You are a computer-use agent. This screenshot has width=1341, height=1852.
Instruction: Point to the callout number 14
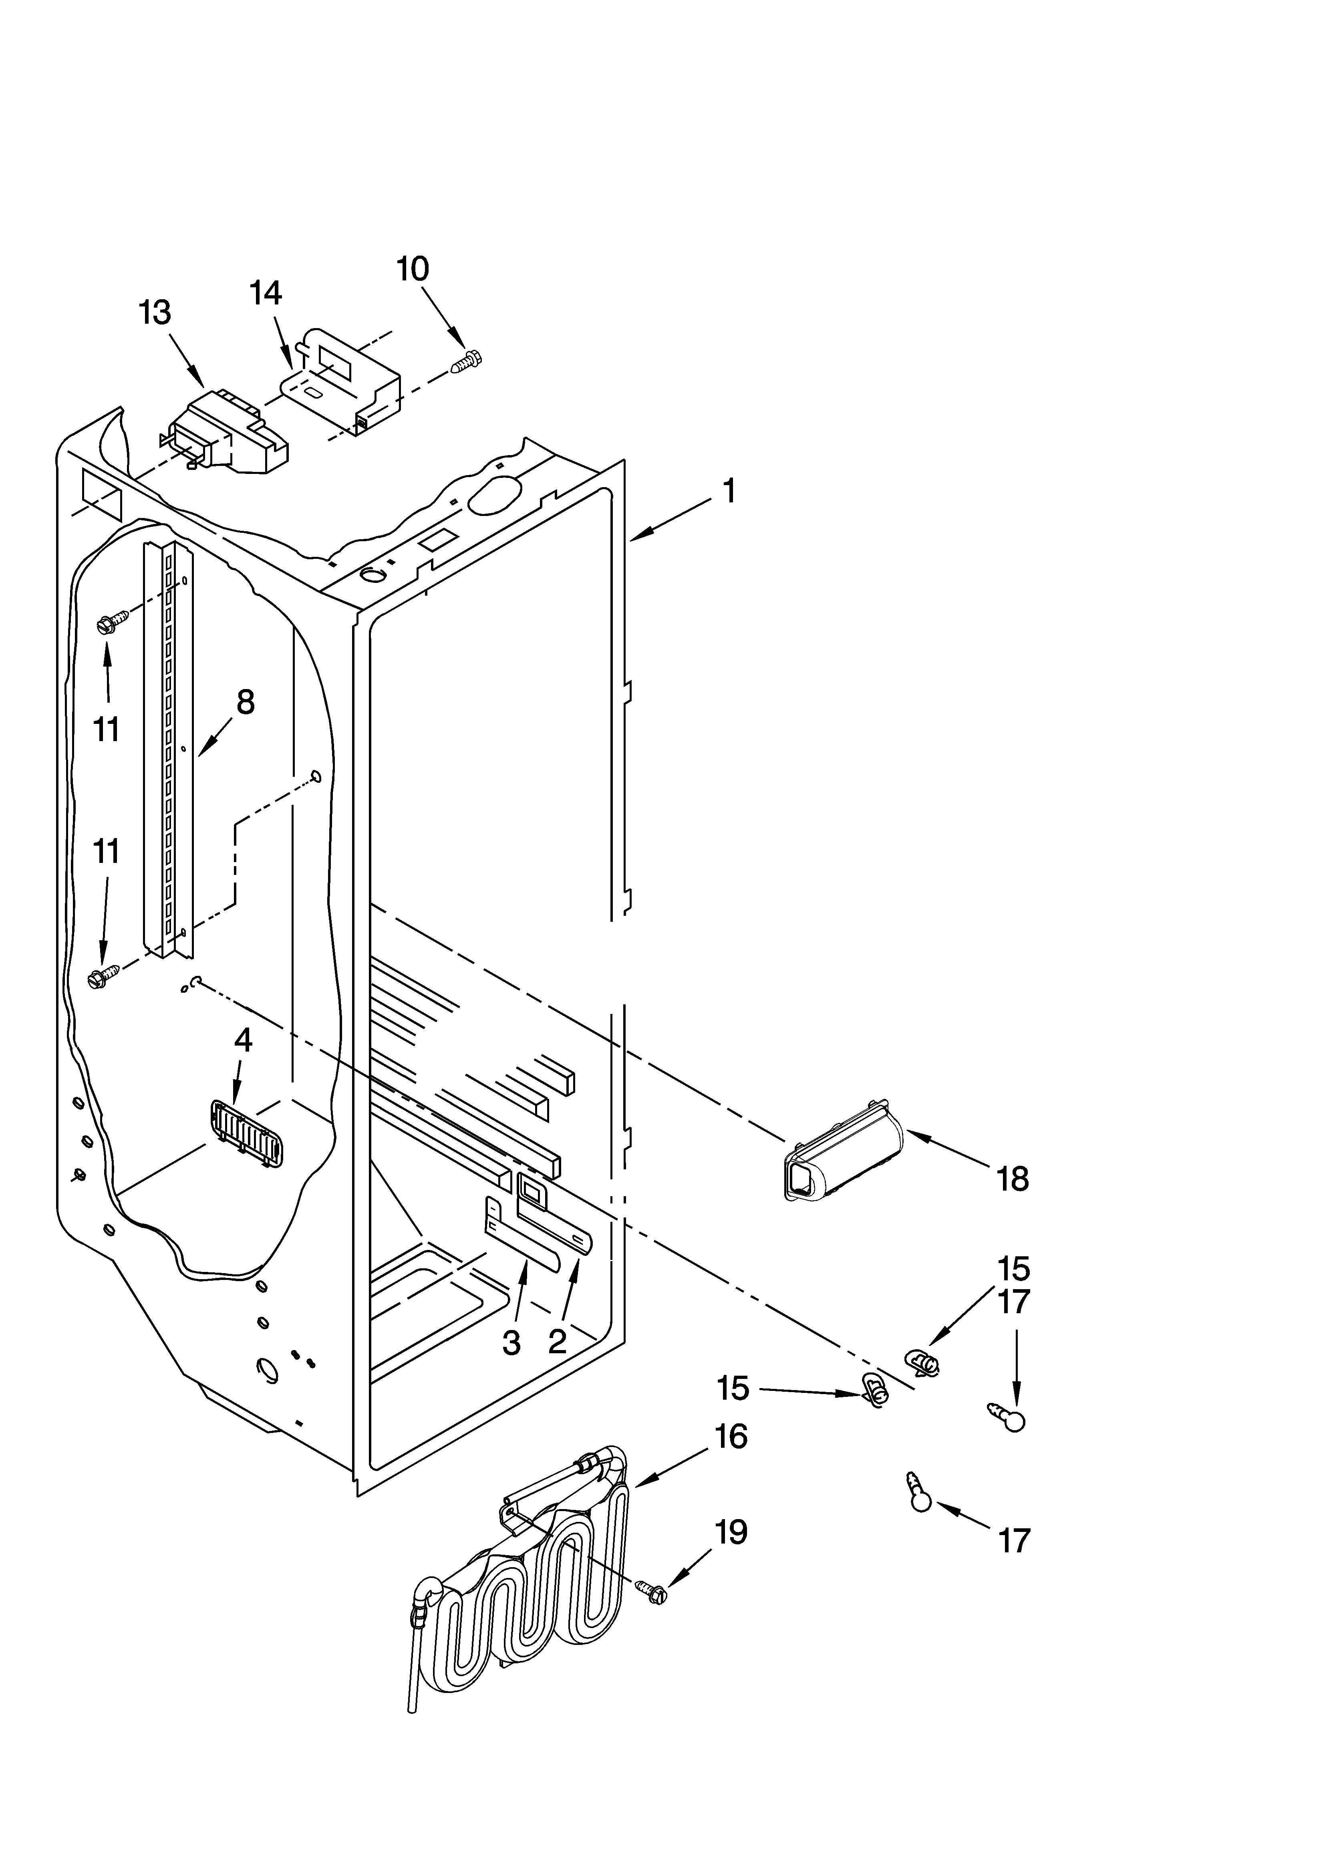click(266, 292)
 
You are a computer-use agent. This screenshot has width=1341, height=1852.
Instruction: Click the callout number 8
click(244, 701)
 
